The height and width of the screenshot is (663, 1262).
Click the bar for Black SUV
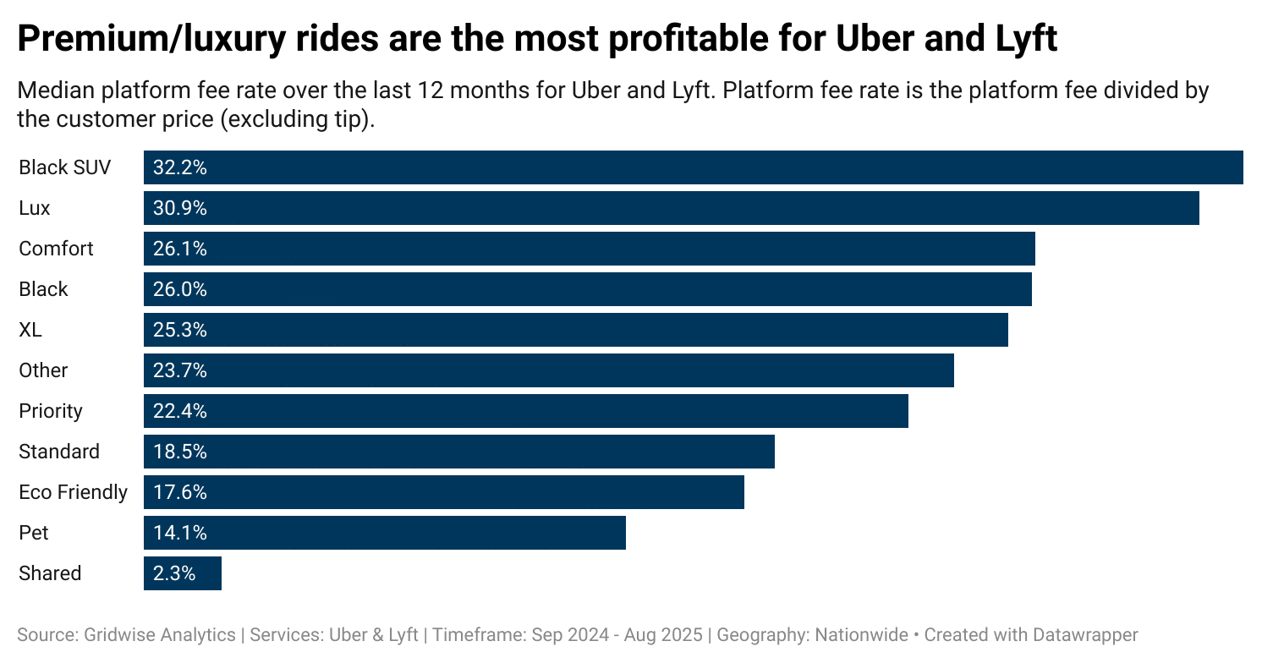pyautogui.click(x=694, y=167)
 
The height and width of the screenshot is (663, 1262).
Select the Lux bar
pyautogui.click(x=672, y=208)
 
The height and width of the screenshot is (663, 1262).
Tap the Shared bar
pyautogui.click(x=183, y=573)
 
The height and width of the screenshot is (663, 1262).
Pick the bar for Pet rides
pyautogui.click(x=385, y=533)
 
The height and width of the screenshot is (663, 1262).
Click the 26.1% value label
pyautogui.click(x=179, y=249)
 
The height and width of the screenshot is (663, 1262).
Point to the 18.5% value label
pyautogui.click(x=179, y=452)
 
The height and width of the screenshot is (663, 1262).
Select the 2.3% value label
pyautogui.click(x=174, y=573)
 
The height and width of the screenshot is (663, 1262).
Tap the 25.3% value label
pyautogui.click(x=179, y=330)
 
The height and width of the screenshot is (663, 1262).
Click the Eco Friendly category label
pyautogui.click(x=73, y=492)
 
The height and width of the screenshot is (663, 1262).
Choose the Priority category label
pyautogui.click(x=51, y=411)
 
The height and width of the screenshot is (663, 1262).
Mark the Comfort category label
pyautogui.click(x=56, y=249)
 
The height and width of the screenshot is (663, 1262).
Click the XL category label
pyautogui.click(x=30, y=330)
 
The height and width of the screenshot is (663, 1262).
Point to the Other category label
pyautogui.click(x=43, y=370)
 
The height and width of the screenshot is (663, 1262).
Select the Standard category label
pyautogui.click(x=59, y=452)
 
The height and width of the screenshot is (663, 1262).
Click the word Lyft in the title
pyautogui.click(x=1024, y=39)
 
